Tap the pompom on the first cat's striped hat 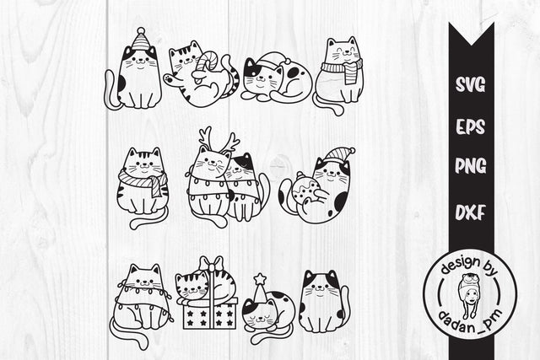[139, 31]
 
